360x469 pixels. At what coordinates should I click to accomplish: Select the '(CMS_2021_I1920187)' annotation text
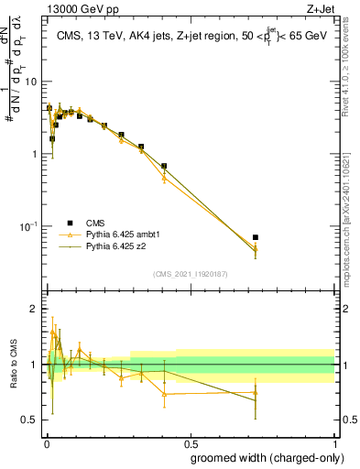pyautogui.click(x=190, y=274)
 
